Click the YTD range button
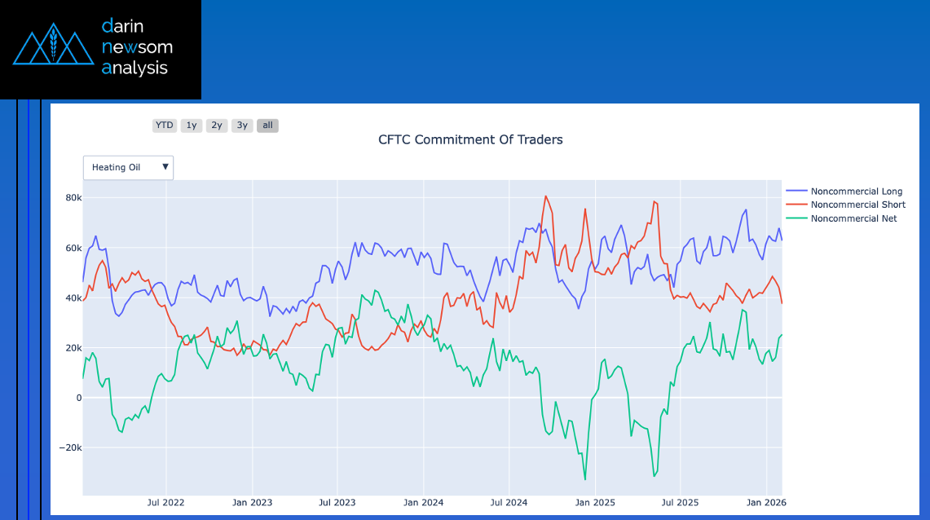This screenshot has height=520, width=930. (x=165, y=126)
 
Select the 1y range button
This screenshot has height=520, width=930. (x=192, y=126)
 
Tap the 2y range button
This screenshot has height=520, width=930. (x=217, y=126)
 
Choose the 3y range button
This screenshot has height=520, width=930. (x=242, y=126)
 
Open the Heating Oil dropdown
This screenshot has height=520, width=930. (x=128, y=167)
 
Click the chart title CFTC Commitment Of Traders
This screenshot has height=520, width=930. (x=470, y=139)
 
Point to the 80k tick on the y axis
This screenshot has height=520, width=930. (x=73, y=198)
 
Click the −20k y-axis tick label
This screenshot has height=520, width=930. (x=69, y=448)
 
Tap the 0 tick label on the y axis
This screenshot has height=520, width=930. (x=78, y=398)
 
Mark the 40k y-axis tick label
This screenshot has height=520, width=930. (x=73, y=298)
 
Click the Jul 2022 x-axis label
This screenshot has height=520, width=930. (x=165, y=503)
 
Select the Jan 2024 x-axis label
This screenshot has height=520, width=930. (x=423, y=503)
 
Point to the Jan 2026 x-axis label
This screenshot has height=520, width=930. (x=766, y=503)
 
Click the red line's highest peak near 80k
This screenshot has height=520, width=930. (x=546, y=196)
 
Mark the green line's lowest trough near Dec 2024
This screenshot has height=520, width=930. (x=585, y=479)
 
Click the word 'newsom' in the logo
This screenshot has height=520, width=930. (x=137, y=47)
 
